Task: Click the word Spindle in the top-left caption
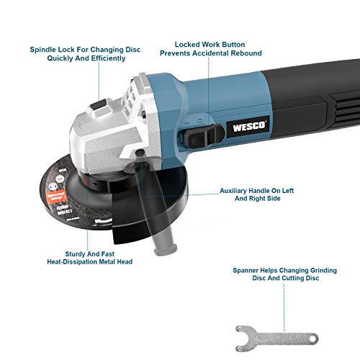point(45,50)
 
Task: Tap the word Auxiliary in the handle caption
point(239,192)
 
